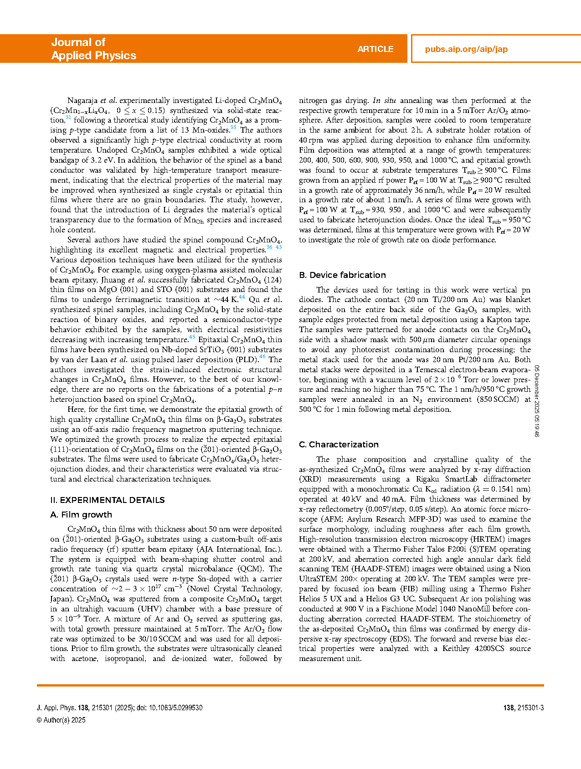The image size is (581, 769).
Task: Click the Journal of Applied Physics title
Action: (93, 49)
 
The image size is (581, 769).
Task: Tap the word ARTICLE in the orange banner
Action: (375, 49)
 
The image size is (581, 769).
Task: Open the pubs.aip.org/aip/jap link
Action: (466, 49)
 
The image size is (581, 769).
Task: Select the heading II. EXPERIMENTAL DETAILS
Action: (107, 500)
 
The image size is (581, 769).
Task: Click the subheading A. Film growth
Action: (81, 514)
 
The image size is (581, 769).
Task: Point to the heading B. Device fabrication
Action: (342, 275)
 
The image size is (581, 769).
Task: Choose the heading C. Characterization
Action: (339, 444)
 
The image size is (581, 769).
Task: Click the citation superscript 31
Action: (68, 118)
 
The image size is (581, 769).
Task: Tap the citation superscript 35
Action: (233, 128)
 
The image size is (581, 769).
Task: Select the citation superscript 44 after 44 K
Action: (242, 297)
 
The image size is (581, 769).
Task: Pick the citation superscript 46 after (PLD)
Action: (262, 357)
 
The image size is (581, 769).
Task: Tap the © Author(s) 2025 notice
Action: (61, 720)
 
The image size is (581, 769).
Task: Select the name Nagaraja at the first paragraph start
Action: (82, 100)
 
